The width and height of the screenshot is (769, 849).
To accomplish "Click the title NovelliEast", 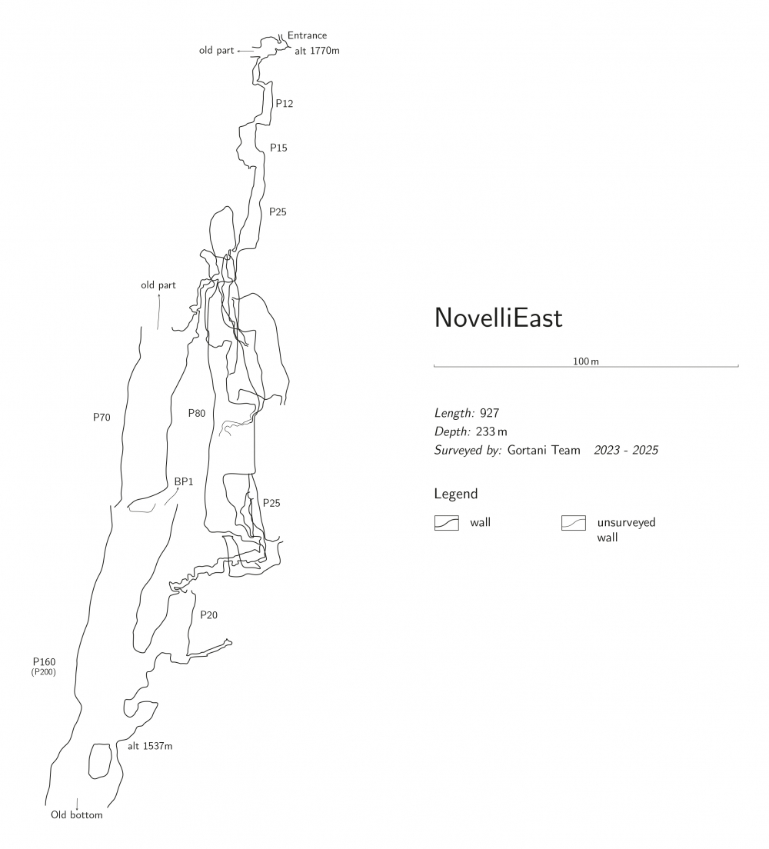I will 498,318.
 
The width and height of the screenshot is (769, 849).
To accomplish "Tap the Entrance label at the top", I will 307,35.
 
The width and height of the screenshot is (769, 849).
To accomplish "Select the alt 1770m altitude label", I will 317,51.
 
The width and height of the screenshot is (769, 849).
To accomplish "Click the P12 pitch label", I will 285,103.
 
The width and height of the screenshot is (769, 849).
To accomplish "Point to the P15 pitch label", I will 278,148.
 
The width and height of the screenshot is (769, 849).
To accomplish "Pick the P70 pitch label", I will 102,418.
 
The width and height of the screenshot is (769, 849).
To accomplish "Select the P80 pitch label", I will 197,413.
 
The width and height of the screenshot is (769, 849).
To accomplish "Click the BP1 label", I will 183,481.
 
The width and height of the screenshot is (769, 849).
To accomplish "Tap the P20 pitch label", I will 209,614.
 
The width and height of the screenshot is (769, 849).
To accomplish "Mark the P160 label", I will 44,661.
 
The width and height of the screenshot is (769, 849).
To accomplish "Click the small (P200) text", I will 44,672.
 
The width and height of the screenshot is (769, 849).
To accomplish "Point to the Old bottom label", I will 77,815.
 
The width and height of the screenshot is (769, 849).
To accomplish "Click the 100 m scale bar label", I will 586,361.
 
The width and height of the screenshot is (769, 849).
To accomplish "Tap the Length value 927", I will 489,413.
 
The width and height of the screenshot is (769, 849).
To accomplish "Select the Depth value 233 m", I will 491,431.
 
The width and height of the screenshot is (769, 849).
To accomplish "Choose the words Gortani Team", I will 544,450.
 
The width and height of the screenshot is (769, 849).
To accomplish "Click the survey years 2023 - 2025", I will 626,450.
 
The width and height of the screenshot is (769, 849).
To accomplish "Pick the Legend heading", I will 456,494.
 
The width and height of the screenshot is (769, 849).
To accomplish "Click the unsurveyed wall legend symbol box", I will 574,523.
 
